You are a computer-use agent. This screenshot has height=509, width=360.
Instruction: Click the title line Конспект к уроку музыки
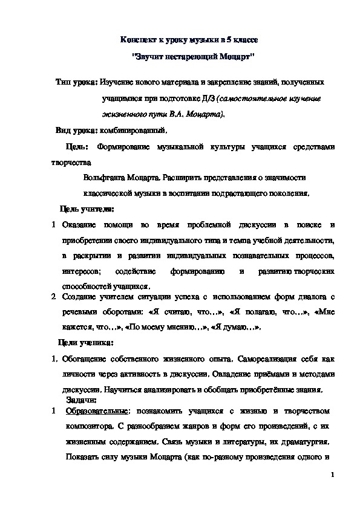coord(189,39)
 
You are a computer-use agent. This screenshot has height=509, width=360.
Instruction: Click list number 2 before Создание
coord(53,297)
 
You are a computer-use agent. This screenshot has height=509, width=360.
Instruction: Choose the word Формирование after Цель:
coord(129,146)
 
